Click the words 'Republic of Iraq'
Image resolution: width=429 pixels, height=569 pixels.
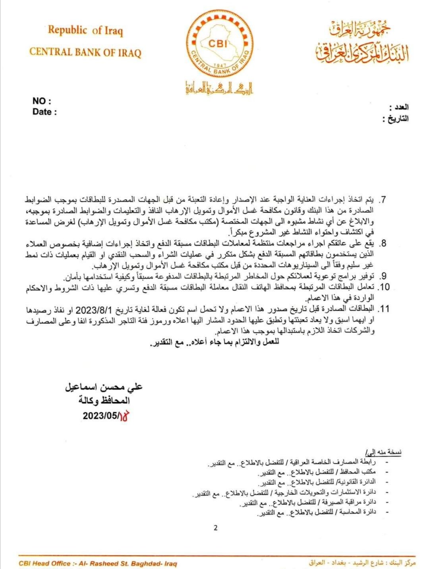click(x=85, y=31)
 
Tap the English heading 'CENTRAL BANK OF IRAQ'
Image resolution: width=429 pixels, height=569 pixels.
click(x=85, y=52)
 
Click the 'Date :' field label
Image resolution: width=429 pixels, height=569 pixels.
click(x=44, y=112)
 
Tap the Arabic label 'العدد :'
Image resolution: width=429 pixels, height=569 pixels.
click(x=398, y=107)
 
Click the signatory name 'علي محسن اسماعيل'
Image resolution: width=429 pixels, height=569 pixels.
click(x=104, y=387)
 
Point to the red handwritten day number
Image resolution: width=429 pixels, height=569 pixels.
click(x=125, y=416)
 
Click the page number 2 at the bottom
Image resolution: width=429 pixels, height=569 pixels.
click(x=215, y=528)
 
